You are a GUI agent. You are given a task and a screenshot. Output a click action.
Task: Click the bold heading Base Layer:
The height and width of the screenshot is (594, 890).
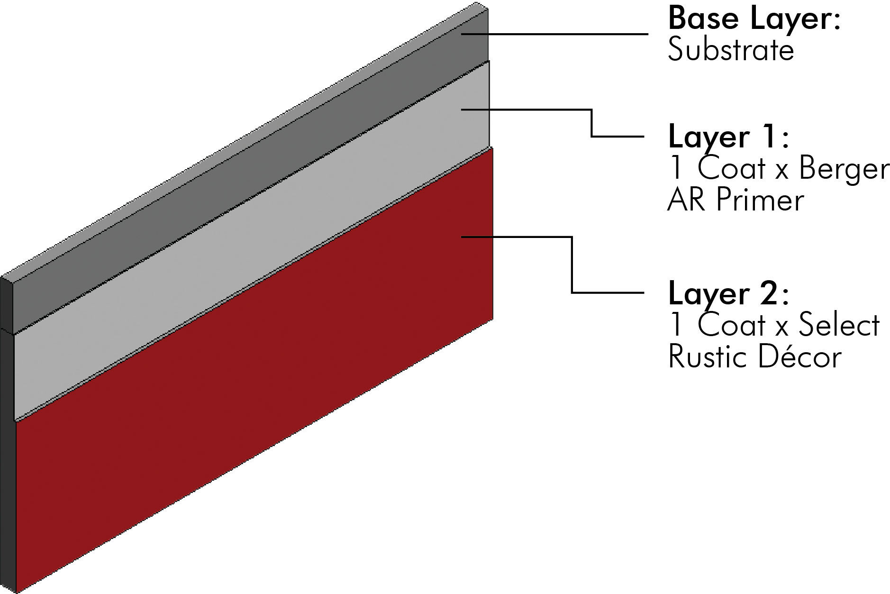point(754,19)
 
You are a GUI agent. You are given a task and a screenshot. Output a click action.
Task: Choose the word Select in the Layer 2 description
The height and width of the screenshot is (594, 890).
point(839,326)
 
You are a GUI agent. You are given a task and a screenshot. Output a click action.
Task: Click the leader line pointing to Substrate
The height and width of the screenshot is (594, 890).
point(554,34)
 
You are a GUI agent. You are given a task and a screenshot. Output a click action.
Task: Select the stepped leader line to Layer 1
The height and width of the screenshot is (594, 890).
point(592,123)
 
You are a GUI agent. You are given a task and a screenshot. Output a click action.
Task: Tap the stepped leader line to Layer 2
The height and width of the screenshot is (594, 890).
point(572,265)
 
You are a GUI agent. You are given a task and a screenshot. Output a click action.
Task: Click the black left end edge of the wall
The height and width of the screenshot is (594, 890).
point(7,427)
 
